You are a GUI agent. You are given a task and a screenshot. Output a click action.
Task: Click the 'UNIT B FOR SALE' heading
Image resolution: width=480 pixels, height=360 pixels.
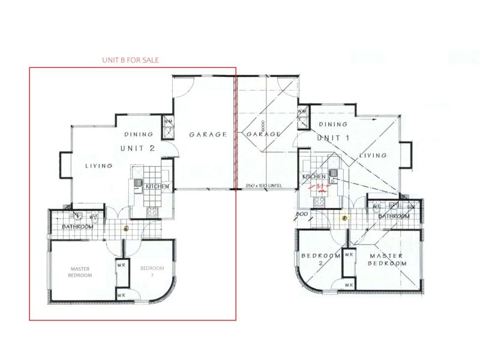coord(131,60)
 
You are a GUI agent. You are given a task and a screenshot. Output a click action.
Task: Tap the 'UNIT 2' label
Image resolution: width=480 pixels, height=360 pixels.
coord(140,148)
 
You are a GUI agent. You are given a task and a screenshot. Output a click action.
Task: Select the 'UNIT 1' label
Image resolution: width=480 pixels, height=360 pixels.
coord(333,137)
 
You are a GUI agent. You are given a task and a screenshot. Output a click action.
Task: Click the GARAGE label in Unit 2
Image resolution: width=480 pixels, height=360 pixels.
coord(208,134)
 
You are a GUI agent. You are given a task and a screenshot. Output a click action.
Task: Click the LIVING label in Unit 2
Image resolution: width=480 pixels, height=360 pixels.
coord(99,166)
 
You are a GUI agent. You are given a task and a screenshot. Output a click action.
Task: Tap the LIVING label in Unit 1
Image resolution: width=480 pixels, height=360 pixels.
coord(373,155)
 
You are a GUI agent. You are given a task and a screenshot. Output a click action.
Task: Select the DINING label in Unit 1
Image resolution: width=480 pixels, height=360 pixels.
coord(333,124)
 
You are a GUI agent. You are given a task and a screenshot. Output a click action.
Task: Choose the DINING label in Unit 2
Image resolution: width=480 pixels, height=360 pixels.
coord(139,134)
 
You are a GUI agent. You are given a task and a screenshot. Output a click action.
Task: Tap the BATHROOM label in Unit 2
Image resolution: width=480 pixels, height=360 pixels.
coord(77,227)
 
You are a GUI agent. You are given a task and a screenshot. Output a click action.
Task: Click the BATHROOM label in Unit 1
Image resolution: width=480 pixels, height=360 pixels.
coord(393,215)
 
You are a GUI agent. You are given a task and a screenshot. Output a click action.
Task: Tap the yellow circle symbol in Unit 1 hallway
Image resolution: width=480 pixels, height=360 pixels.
coord(344,218)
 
